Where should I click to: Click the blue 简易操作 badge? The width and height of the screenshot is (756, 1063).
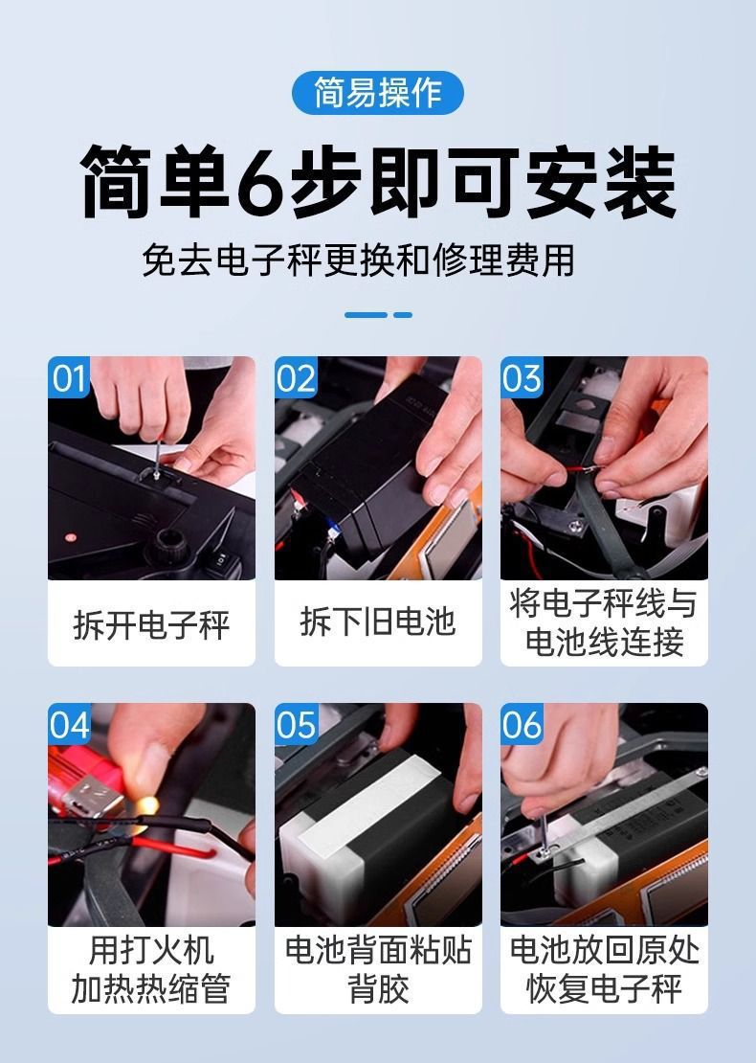[x=377, y=92]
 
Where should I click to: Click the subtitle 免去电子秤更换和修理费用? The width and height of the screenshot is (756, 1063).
[x=358, y=260]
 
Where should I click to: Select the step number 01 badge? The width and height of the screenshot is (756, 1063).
[x=68, y=377]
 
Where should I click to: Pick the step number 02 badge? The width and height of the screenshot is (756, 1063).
[x=296, y=377]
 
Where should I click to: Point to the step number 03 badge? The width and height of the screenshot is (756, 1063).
[x=522, y=377]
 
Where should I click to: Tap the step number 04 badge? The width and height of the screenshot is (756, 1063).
[x=69, y=724]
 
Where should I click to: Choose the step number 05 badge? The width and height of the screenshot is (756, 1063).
[x=296, y=724]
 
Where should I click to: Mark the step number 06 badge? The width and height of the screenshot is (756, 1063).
[x=523, y=724]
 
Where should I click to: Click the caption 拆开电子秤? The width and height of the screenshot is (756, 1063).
[x=152, y=624]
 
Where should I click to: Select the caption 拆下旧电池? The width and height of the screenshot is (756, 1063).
[x=377, y=622]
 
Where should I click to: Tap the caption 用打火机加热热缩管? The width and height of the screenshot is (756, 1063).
[x=151, y=969]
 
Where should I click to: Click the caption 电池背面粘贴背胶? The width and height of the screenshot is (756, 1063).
[x=378, y=969]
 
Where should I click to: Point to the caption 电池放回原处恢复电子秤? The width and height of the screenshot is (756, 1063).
[x=604, y=969]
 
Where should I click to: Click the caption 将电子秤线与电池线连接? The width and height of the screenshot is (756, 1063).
[x=604, y=623]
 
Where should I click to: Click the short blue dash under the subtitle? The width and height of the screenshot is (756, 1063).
[x=403, y=314]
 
